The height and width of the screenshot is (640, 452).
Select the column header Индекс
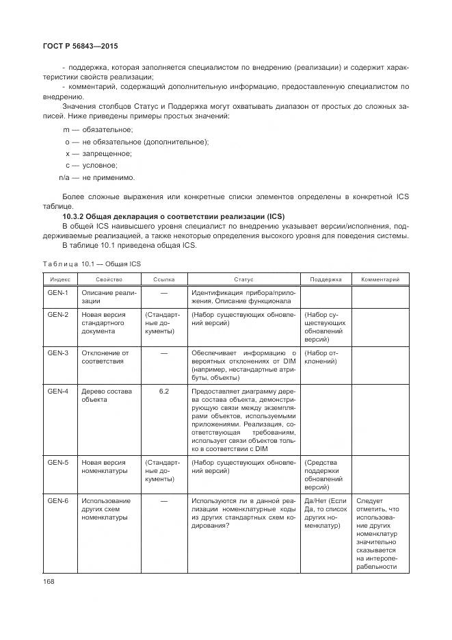coord(59,279)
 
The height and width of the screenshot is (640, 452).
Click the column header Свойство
coord(109,279)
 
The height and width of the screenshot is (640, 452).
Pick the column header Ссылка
coord(163,279)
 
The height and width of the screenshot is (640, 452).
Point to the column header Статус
coord(243,279)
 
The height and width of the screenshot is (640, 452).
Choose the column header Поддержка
coord(325,279)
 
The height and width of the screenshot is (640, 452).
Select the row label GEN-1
coord(58,293)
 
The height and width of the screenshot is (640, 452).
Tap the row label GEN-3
coord(58,353)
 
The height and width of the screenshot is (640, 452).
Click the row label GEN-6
coord(58,500)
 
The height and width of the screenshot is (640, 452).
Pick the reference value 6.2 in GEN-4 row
coord(163,391)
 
